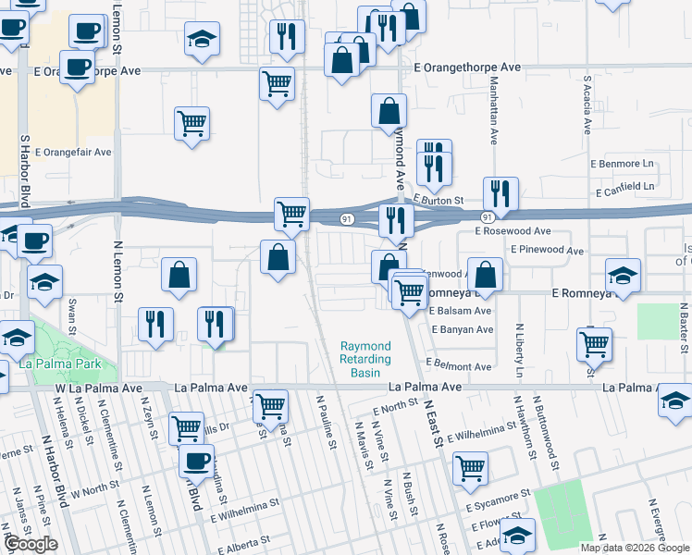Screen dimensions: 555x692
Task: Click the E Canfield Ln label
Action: tap(624, 188)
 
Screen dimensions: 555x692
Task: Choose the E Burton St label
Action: tap(439, 199)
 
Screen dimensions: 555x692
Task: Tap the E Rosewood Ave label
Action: tap(513, 231)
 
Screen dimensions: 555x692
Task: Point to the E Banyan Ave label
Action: tap(461, 329)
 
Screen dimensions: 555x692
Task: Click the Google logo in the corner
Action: tap(31, 544)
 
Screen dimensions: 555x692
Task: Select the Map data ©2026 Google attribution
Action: tap(635, 548)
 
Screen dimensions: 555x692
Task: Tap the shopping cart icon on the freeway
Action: tap(291, 214)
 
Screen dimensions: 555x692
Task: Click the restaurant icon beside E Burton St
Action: tap(500, 192)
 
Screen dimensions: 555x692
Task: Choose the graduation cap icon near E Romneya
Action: tap(623, 276)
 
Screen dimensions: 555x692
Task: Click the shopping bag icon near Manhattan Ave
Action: tap(485, 274)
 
